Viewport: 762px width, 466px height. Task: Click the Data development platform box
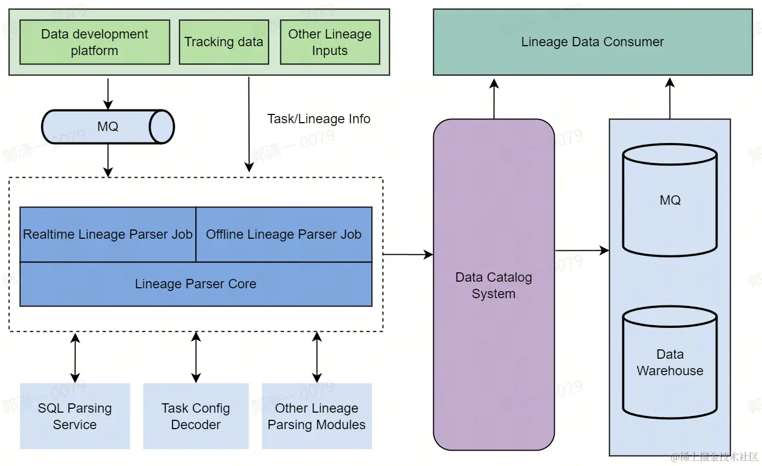click(x=95, y=42)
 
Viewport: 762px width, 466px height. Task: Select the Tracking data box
click(x=224, y=42)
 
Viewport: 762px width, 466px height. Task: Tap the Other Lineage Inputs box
click(x=330, y=42)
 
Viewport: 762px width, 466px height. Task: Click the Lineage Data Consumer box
click(x=593, y=42)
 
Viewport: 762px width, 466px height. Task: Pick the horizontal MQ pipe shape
click(x=108, y=127)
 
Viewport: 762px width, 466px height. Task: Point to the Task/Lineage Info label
click(x=319, y=119)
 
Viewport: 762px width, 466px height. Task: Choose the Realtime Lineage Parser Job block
click(x=108, y=234)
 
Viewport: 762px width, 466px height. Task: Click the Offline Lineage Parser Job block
click(x=284, y=234)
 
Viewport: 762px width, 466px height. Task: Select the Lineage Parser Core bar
click(x=196, y=284)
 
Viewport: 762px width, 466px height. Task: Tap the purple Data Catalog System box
click(x=494, y=285)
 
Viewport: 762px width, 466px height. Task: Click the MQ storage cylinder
click(x=670, y=200)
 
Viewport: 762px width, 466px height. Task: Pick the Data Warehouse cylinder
click(x=670, y=363)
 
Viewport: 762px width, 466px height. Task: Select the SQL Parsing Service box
click(x=75, y=416)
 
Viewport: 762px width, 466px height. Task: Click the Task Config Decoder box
click(x=196, y=416)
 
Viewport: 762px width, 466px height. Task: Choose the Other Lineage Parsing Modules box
click(x=317, y=416)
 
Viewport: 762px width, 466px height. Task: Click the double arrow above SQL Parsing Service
click(x=75, y=357)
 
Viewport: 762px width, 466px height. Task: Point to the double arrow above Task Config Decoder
click(x=196, y=357)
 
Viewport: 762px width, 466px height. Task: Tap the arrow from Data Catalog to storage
click(x=582, y=251)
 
